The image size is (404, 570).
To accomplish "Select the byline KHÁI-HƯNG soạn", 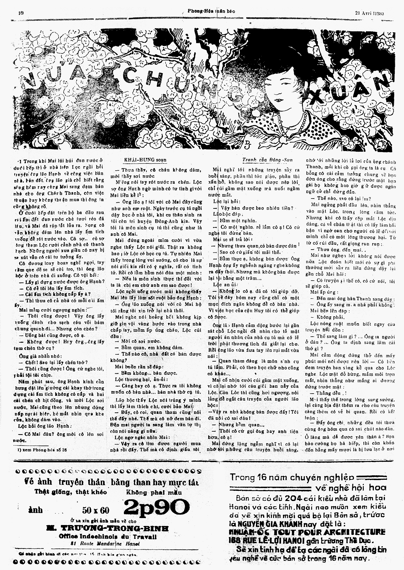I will pyautogui.click(x=144, y=160).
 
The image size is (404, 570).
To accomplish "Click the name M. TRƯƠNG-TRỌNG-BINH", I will pyautogui.click(x=107, y=528).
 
